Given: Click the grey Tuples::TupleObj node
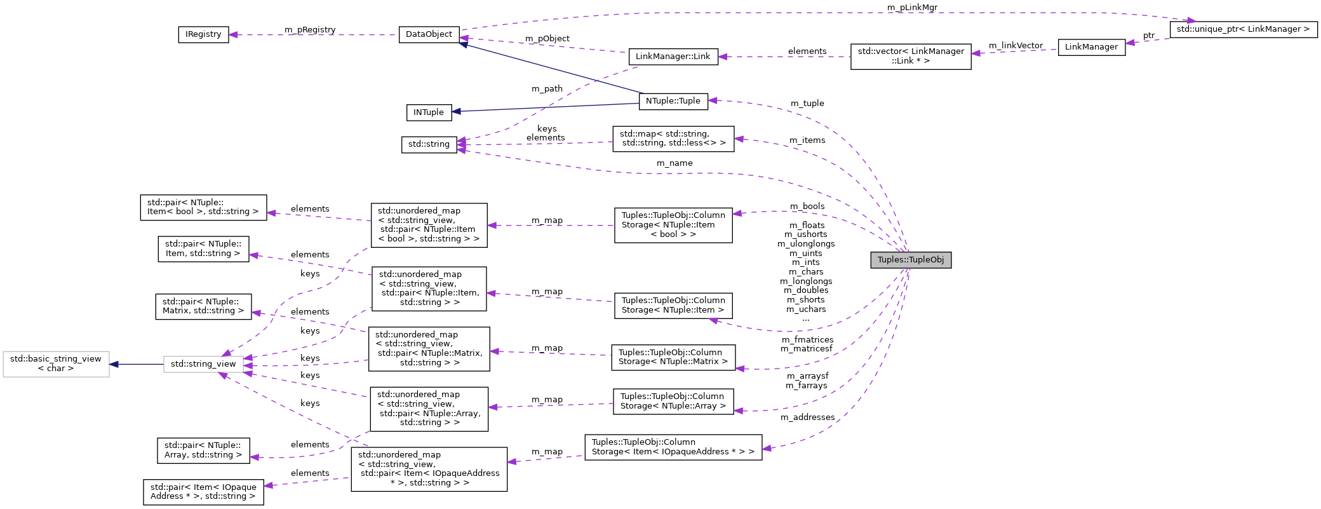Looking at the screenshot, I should pos(910,260).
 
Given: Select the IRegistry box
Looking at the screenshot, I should pos(203,34).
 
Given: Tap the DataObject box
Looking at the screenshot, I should pos(429,34).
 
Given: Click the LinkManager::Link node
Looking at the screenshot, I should pos(673,57).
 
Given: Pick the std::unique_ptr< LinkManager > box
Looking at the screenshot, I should pos(1243,29).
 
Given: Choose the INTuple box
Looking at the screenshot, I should pos(429,112).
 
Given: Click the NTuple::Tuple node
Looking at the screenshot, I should pos(673,101).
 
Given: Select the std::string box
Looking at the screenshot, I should pos(429,144).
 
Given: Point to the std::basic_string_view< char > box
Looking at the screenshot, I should pos(56,364).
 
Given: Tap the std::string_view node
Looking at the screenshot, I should pos(203,364).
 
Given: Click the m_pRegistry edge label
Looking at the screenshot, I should pos(310,30).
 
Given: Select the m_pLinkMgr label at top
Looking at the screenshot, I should pos(912,8).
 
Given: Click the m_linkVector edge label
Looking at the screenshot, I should pos(1016,46).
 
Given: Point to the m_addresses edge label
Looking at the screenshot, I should pos(807,417).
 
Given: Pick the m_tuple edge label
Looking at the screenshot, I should pos(807,104).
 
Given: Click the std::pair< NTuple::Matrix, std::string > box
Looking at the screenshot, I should pos(203,306).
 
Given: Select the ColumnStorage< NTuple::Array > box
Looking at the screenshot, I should pos(673,402).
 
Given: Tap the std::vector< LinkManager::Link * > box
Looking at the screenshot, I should pos(910,57).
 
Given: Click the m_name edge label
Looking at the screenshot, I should pos(674,163).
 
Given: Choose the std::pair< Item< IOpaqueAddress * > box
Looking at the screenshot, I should pos(203,492).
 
